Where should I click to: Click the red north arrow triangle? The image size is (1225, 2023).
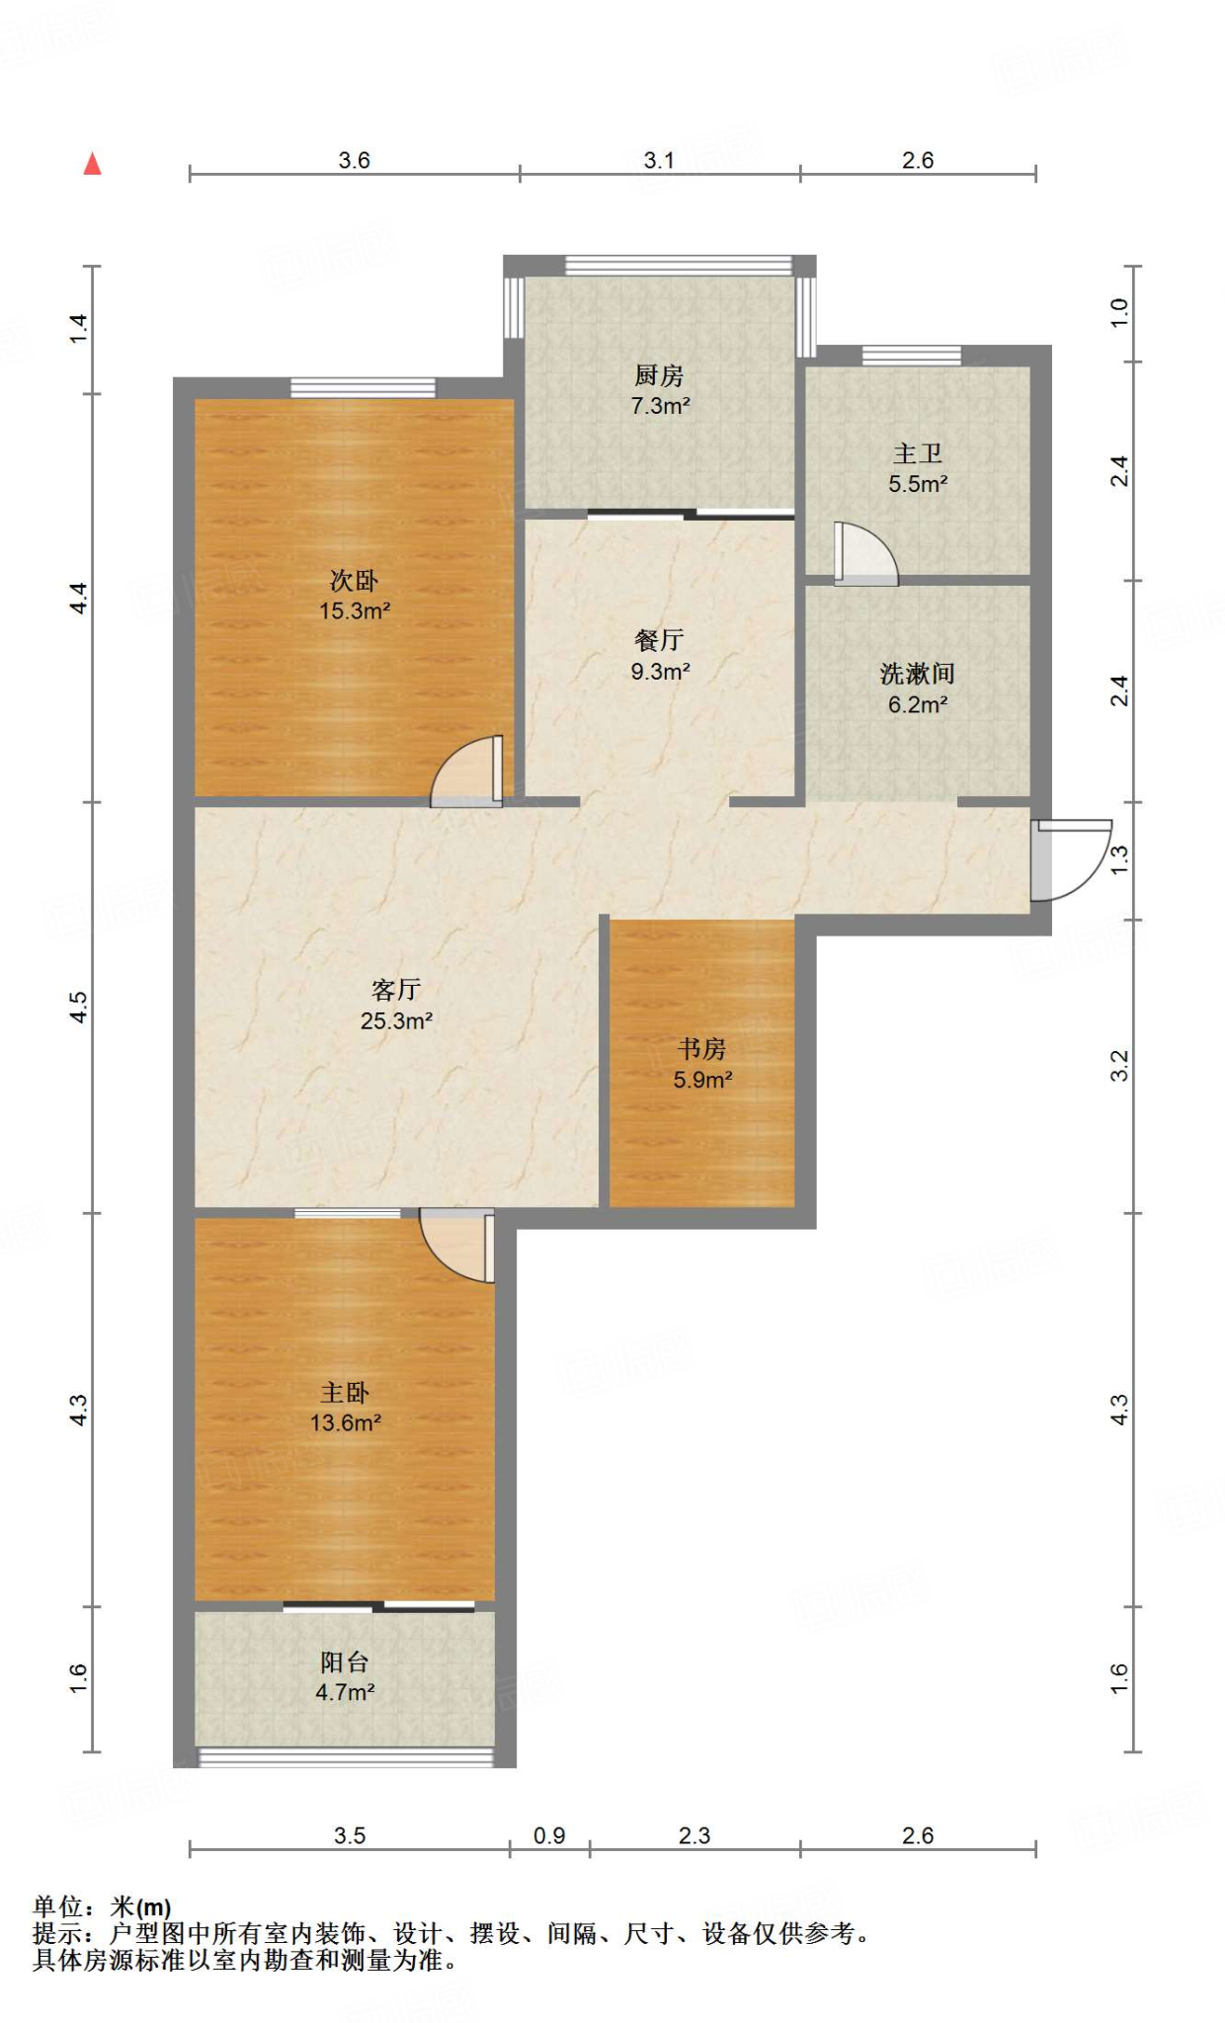point(92,164)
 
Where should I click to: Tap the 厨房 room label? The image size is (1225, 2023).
point(659,375)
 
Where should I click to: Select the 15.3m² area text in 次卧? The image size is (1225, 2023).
point(355,610)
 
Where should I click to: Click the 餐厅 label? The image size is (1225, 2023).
point(659,640)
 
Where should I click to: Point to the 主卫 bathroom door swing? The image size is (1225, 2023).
point(862,555)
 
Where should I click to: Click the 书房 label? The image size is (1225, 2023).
point(702,1048)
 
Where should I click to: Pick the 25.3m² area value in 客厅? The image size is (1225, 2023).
point(396,1020)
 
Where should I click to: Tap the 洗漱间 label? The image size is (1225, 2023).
point(917,674)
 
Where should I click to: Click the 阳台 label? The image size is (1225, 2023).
point(345,1662)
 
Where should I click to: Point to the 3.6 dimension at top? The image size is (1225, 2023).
point(354,160)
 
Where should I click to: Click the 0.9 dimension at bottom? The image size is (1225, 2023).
point(549,1835)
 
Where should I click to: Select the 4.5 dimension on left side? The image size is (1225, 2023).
point(78,1007)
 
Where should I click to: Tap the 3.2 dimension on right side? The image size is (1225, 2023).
point(1118,1065)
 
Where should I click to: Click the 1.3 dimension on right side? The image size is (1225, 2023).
point(1118,859)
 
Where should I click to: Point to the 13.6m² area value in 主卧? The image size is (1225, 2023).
point(345,1422)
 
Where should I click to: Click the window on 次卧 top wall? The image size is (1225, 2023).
point(363,387)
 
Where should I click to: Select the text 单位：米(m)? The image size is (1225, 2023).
point(102,1906)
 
